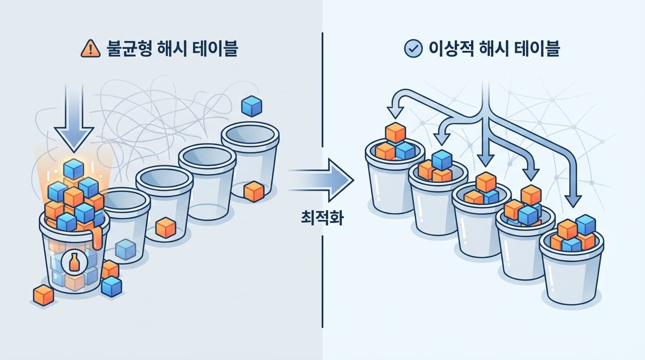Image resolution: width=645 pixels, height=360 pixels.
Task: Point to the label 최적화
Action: (322, 218)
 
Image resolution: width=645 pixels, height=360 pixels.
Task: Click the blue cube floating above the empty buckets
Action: (251, 106)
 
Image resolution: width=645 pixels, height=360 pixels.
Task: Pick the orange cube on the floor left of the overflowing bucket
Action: (44, 295)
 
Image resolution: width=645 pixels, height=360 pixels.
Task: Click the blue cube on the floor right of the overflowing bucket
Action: (111, 286)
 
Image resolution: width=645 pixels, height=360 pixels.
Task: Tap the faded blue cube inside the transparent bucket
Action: (126, 248)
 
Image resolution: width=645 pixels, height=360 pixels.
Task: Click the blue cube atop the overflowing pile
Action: (74, 169)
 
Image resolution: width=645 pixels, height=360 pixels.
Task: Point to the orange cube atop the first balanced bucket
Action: (395, 132)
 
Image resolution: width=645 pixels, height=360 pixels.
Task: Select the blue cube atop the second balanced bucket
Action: (442, 160)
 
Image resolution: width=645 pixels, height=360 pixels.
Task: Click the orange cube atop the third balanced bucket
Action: (486, 182)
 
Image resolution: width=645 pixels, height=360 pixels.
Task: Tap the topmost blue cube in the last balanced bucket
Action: (585, 225)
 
